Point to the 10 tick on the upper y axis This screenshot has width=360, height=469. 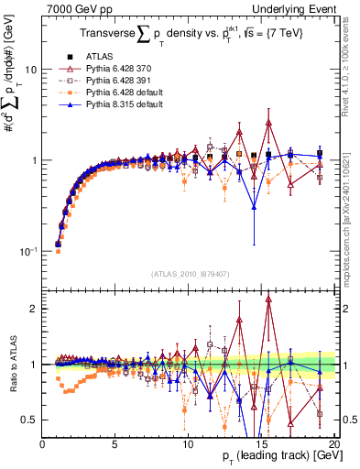[30, 70]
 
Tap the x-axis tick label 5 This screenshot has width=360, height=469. [115, 444]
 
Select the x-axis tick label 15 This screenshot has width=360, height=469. [261, 444]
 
